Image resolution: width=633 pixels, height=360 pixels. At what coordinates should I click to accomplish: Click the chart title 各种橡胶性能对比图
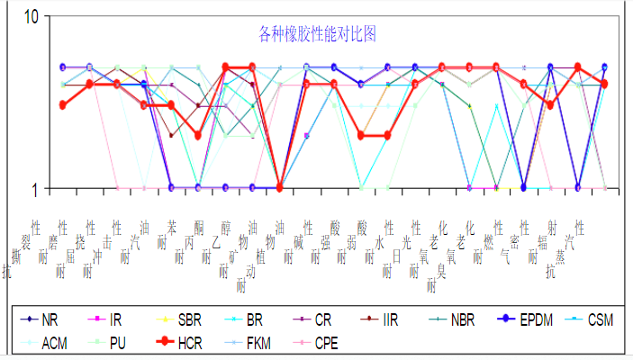point(316,35)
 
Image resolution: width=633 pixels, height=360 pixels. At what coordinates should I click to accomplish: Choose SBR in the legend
point(176,319)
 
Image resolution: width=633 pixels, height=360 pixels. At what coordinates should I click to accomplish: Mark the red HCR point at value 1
point(279,187)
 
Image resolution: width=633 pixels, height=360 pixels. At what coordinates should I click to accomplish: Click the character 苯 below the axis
point(172,226)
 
